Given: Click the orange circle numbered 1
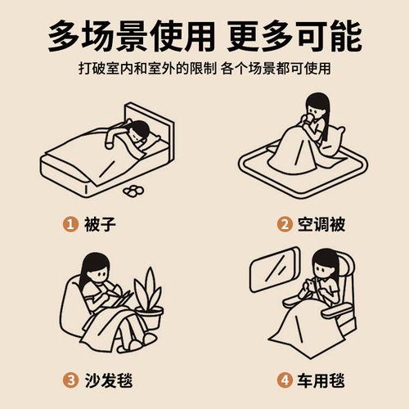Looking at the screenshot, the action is tap(70, 224).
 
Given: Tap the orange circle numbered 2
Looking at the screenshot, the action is tap(285, 224).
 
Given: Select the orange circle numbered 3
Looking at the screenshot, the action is tap(70, 380).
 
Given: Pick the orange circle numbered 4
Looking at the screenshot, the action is tap(285, 380).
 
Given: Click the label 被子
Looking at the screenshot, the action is tap(100, 224).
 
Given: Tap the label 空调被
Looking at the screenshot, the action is tap(321, 224).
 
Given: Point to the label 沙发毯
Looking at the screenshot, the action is tap(109, 380).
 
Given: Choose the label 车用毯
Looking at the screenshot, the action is tap(321, 380).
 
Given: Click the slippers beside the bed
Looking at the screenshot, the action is tap(133, 191).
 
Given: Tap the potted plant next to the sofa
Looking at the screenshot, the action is tap(149, 300).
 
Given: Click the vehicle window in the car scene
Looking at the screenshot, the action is tap(274, 269).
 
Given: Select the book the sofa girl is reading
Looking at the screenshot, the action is tap(120, 299).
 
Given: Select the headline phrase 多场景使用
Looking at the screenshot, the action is tap(132, 36).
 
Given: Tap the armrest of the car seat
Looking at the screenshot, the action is tap(337, 311).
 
